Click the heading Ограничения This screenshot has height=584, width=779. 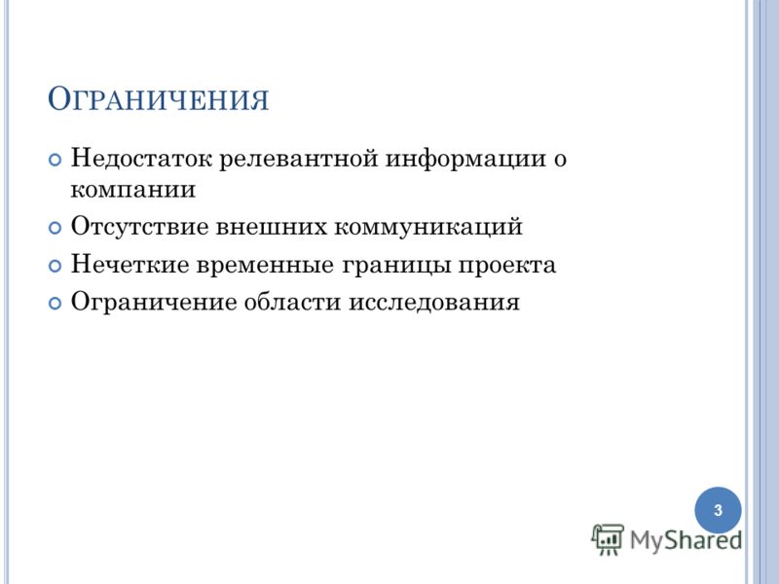coord(158,99)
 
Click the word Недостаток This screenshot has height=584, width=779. coord(141,159)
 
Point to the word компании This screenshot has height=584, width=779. coord(133,190)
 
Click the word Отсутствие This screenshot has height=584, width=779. coord(139,227)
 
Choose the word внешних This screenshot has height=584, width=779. coord(272,228)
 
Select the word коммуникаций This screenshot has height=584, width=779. coord(428,228)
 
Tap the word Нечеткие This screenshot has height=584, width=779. coord(130,264)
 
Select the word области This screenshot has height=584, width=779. coord(292,303)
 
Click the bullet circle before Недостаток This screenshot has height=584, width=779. coord(55,160)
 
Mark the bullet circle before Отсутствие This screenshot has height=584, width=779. coord(55,228)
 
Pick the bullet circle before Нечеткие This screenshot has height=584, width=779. coord(55,266)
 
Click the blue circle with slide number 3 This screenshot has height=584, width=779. coord(718,510)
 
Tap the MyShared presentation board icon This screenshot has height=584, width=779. coord(608,539)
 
